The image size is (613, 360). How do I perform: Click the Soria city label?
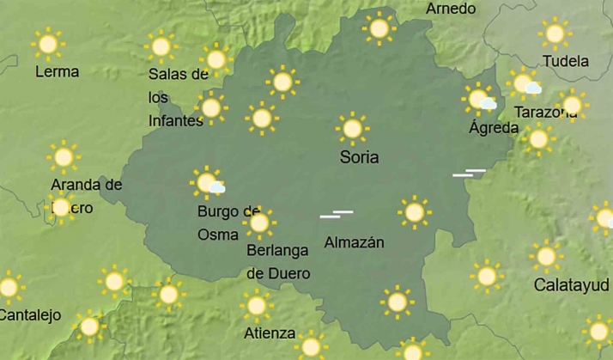(x=359, y=157)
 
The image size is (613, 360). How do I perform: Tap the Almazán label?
(x=354, y=242)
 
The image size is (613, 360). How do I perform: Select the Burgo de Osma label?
(x=228, y=222)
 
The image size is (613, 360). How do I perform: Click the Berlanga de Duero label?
(x=278, y=261)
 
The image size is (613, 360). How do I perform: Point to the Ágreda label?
(x=494, y=127)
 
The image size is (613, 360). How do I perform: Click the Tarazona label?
(x=544, y=112)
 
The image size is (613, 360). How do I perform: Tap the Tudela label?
(x=566, y=61)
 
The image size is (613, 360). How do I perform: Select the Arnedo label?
(x=451, y=9)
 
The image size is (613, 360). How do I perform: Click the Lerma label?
(x=57, y=71)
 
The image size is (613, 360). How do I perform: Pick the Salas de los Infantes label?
(x=178, y=96)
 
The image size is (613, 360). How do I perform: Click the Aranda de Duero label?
(x=85, y=195)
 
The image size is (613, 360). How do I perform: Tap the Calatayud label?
(x=572, y=284)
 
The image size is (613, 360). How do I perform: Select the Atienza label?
(x=270, y=333)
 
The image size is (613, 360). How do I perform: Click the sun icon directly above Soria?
(x=351, y=129)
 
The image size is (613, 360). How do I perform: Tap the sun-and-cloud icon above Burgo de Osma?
(x=208, y=182)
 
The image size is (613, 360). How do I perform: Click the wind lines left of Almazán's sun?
(x=336, y=213)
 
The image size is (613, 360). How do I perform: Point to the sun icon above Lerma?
(x=47, y=43)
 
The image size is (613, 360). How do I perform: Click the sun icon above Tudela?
(x=555, y=34)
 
